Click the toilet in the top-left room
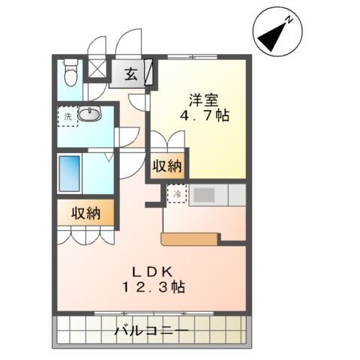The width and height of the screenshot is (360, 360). (70, 73)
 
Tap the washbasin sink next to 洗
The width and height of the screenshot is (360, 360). (90, 114)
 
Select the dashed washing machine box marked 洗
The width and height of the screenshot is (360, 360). (67, 116)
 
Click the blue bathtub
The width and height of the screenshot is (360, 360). (70, 173)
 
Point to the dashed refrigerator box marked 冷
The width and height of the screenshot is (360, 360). (177, 193)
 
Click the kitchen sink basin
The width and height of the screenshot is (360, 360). (204, 194)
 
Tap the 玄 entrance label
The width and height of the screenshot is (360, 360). (131, 73)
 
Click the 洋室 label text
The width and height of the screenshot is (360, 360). (203, 100)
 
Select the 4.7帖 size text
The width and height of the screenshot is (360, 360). (205, 115)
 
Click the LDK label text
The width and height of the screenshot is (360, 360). (152, 272)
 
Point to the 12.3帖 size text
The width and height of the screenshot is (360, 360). (153, 287)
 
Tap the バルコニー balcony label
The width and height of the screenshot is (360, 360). (151, 331)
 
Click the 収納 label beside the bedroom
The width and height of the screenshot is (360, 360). (167, 166)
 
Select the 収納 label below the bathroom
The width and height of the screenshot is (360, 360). (86, 213)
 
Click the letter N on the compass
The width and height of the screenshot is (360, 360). (289, 19)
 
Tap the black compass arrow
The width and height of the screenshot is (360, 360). (273, 37)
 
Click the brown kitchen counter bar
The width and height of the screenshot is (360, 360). (189, 239)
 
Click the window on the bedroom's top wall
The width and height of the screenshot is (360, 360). (192, 57)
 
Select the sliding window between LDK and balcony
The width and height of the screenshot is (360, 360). (154, 313)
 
